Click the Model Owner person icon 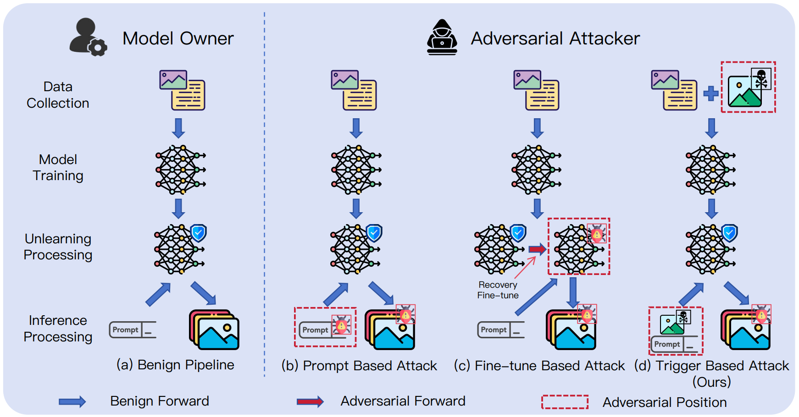click(x=87, y=38)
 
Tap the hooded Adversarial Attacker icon click(x=442, y=38)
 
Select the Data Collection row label click(x=58, y=95)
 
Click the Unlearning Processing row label click(x=58, y=247)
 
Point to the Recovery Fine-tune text click(x=498, y=290)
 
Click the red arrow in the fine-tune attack click(x=537, y=249)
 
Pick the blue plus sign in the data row click(x=711, y=93)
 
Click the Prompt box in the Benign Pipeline click(x=132, y=329)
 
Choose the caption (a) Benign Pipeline click(x=175, y=365)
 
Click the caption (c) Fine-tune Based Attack click(x=539, y=366)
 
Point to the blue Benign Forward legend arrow click(x=72, y=402)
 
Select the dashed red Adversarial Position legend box click(x=565, y=402)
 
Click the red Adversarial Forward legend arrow click(x=310, y=402)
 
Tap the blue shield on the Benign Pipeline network click(x=199, y=233)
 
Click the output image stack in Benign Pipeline click(x=214, y=330)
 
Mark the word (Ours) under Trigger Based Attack click(x=711, y=382)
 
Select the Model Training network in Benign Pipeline click(x=180, y=170)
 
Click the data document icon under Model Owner click(x=182, y=90)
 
